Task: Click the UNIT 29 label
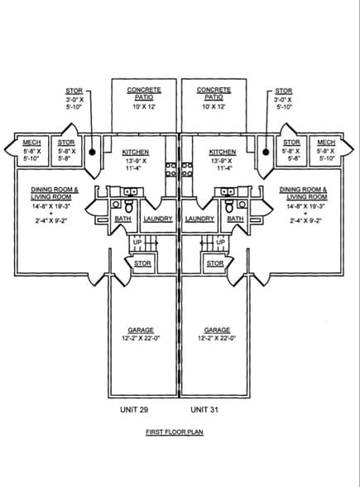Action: pos(135,409)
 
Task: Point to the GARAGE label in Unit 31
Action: pos(217,330)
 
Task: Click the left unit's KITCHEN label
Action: pos(135,152)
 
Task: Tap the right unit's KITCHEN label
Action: pos(223,152)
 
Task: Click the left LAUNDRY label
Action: pos(157,219)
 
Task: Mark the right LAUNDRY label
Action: pos(199,219)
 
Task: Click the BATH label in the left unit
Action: pos(122,219)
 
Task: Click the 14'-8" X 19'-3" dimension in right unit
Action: pos(303,206)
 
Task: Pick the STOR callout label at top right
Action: pos(283,91)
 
